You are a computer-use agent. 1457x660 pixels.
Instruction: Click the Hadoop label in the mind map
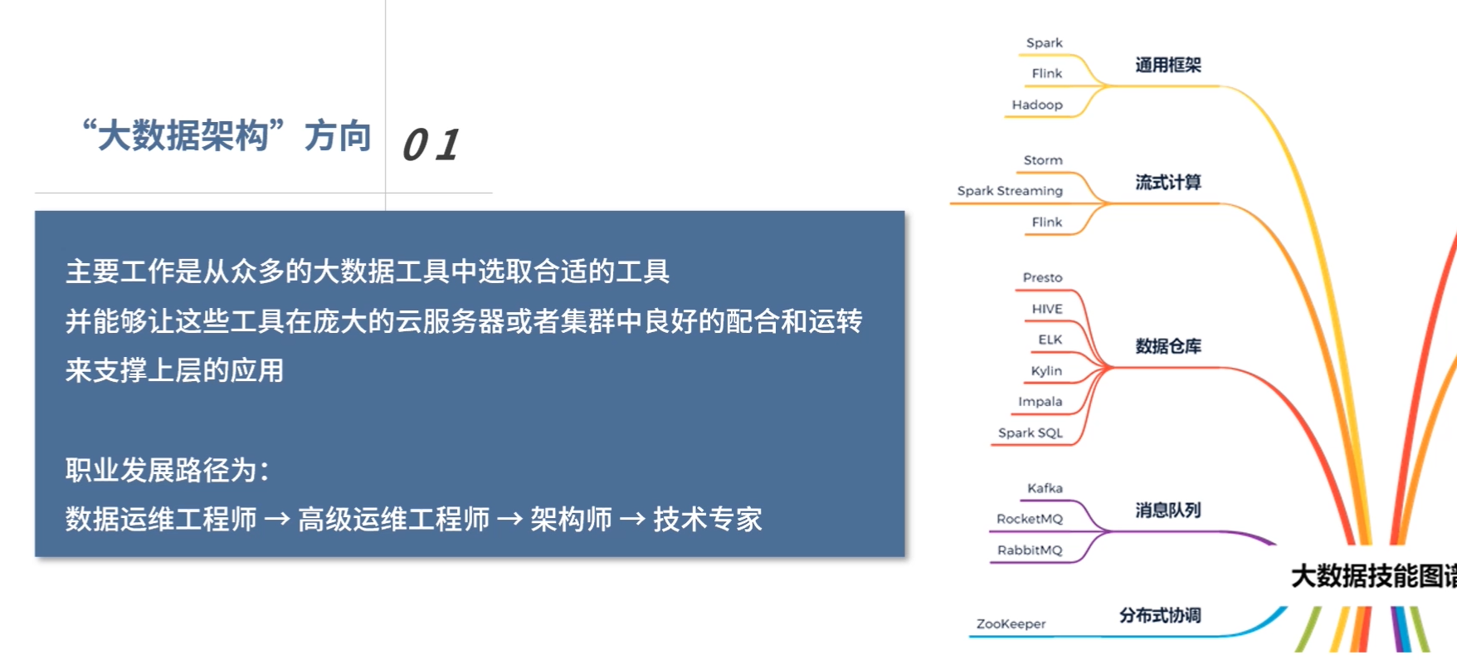1037,105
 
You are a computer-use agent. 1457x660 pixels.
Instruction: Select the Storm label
1043,160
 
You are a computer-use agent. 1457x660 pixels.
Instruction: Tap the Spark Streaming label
1010,191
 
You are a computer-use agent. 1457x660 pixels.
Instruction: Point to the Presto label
1042,277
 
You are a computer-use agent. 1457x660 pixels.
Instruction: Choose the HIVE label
1047,309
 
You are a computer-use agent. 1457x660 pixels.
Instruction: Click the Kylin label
1046,371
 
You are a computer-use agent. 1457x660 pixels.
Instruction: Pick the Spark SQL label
1031,433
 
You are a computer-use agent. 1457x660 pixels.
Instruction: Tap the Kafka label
1045,488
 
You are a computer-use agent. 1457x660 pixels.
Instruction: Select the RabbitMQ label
1030,550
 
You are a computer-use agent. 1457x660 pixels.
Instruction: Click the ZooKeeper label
1011,623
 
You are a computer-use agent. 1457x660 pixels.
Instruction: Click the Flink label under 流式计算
1047,222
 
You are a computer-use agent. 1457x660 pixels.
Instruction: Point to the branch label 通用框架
1168,65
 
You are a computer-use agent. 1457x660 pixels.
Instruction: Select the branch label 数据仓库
1168,346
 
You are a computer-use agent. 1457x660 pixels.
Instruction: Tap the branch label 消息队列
1168,510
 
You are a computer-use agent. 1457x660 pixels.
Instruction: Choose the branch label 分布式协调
1160,615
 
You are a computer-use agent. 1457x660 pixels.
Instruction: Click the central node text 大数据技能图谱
1374,575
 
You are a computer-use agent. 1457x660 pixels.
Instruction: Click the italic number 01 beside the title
431,144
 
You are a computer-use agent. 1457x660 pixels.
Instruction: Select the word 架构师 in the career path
571,520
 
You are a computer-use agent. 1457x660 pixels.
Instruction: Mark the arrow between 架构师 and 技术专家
632,520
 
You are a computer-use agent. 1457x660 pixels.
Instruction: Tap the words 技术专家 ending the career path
708,520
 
